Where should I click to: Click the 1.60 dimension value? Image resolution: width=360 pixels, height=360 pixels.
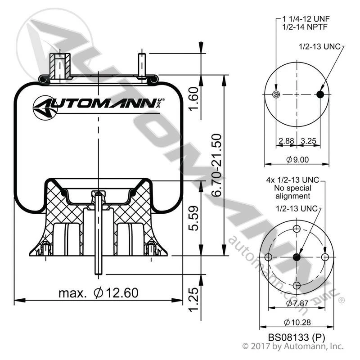pyautogui.click(x=193, y=99)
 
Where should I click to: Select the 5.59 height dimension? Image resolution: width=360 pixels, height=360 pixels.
pyautogui.click(x=193, y=218)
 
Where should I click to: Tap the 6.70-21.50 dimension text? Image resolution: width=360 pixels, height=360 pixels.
pyautogui.click(x=216, y=165)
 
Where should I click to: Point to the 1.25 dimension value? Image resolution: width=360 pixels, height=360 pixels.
pyautogui.click(x=193, y=299)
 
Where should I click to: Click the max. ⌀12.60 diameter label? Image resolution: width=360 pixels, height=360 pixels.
pyautogui.click(x=99, y=293)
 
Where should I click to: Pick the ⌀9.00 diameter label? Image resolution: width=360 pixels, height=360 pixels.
pyautogui.click(x=297, y=159)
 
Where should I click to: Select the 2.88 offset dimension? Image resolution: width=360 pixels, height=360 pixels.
pyautogui.click(x=286, y=141)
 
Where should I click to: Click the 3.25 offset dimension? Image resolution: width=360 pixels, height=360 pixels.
pyautogui.click(x=309, y=141)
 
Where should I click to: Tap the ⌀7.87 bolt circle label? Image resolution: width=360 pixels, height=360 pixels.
pyautogui.click(x=297, y=303)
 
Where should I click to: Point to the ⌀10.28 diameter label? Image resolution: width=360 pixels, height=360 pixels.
pyautogui.click(x=297, y=322)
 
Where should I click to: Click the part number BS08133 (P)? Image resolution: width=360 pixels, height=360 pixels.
pyautogui.click(x=297, y=337)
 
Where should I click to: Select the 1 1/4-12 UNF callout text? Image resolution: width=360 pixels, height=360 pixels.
pyautogui.click(x=306, y=18)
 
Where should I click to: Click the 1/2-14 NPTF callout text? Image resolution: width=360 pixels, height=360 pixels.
pyautogui.click(x=305, y=27)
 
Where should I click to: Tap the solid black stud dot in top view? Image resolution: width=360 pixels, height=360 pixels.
pyautogui.click(x=320, y=94)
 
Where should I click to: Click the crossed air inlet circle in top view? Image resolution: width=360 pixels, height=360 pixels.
pyautogui.click(x=276, y=94)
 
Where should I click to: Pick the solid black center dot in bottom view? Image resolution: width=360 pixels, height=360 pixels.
pyautogui.click(x=297, y=257)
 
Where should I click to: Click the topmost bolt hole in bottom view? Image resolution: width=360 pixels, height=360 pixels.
pyautogui.click(x=297, y=229)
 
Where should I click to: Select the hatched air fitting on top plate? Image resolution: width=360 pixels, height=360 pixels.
pyautogui.click(x=60, y=66)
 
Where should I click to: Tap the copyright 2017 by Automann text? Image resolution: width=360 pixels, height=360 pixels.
pyautogui.click(x=293, y=346)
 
